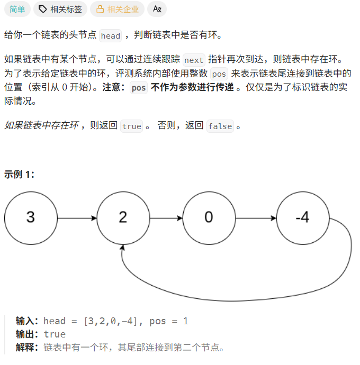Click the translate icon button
click(157, 9)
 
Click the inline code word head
click(111, 36)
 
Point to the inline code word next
click(194, 60)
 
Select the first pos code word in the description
click(219, 74)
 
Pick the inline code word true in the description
click(132, 126)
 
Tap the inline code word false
click(220, 126)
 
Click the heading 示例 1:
click(20, 174)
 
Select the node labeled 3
click(30, 217)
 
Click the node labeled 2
click(123, 217)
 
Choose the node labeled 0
click(209, 217)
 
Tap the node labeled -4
click(302, 217)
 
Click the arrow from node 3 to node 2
click(77, 217)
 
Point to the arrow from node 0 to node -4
click(255, 217)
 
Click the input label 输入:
click(27, 321)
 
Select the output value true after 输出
click(55, 334)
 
